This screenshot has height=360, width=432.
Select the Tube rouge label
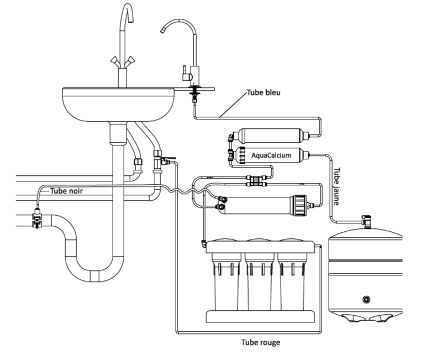(x=261, y=342)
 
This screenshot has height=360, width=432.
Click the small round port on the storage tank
(x=366, y=299)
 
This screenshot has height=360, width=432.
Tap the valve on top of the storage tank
(x=366, y=221)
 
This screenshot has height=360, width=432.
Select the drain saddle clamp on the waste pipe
(x=36, y=219)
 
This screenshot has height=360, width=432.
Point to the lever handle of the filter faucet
(x=185, y=71)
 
